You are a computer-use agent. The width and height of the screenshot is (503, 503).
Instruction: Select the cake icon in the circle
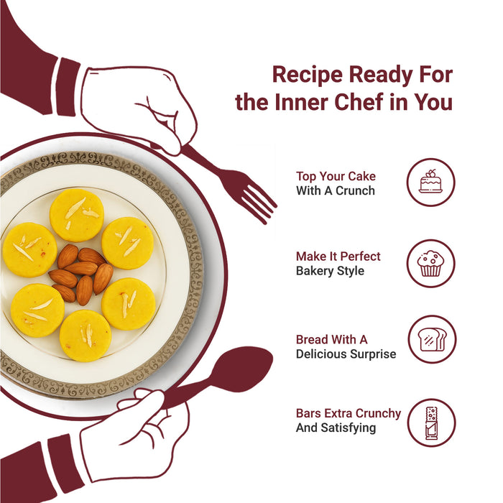click(431, 182)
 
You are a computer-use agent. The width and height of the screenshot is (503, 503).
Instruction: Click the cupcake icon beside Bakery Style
click(431, 264)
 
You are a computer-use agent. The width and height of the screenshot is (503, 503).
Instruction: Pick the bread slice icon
click(432, 339)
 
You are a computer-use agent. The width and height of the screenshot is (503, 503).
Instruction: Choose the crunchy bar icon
click(431, 423)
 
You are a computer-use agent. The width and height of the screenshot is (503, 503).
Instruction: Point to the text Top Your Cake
click(336, 177)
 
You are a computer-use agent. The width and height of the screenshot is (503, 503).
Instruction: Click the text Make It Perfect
click(338, 257)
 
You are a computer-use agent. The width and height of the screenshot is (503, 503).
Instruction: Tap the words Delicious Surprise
click(346, 354)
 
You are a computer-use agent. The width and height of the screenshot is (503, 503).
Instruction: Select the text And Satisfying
click(336, 428)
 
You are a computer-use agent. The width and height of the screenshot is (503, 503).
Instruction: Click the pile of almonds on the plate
click(80, 274)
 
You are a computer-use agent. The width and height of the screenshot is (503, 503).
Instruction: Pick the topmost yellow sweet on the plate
click(77, 215)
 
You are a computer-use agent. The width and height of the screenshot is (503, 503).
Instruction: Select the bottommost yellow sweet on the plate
click(86, 336)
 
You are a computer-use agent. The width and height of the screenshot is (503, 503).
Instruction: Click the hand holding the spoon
click(135, 436)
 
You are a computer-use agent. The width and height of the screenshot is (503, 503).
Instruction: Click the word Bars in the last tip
click(308, 413)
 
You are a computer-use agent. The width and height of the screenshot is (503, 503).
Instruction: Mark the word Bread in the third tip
click(312, 339)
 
